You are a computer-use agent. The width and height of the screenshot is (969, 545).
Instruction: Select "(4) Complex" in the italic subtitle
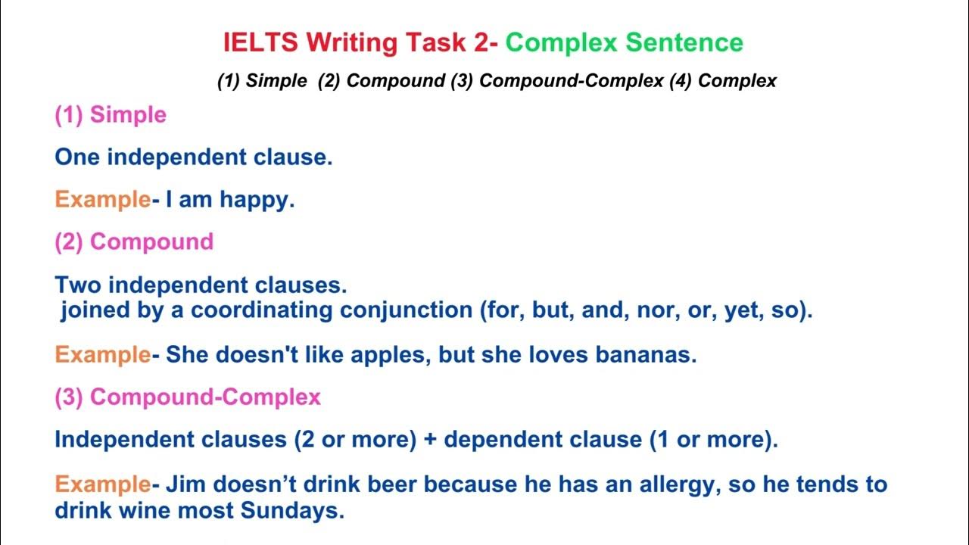723,81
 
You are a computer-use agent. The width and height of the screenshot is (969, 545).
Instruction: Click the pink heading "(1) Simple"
111,115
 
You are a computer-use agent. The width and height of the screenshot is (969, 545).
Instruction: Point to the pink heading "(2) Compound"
134,241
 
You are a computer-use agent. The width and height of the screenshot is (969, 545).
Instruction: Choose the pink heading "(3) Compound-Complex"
188,397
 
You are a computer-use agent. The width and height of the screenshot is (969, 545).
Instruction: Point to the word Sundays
292,511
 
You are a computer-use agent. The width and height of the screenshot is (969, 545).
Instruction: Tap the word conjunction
406,311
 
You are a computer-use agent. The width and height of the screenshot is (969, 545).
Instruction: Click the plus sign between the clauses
430,441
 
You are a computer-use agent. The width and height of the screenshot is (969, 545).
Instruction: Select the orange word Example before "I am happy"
102,200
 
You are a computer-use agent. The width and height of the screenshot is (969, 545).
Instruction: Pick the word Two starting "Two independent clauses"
78,285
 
